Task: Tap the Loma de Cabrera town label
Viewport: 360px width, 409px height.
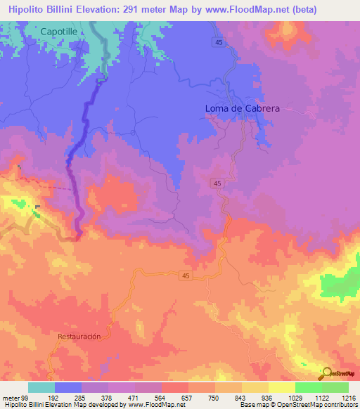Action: pyautogui.click(x=238, y=108)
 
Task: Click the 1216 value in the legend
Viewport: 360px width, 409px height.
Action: pyautogui.click(x=348, y=397)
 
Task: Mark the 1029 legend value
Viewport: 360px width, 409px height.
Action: pyautogui.click(x=295, y=397)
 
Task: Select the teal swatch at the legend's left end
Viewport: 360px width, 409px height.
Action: pyautogui.click(x=41, y=387)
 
